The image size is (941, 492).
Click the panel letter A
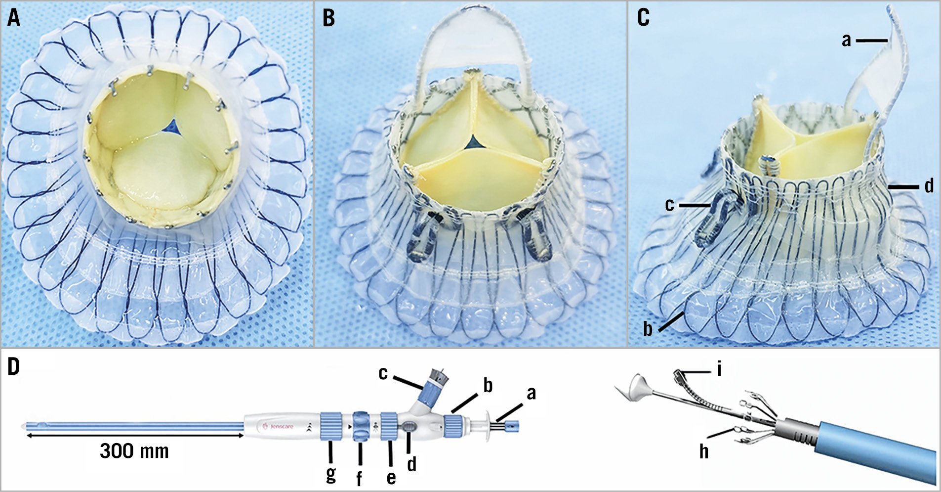pos(14,18)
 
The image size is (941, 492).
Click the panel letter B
pos(328,18)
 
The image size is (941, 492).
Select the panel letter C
pos(643,18)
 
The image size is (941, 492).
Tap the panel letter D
pos(14,368)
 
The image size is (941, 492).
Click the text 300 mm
pos(134,451)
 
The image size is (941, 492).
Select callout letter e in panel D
pos(391,477)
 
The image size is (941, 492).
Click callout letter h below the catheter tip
pos(703,451)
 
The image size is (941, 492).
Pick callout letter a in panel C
pos(847,41)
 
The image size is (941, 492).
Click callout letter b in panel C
pos(648,329)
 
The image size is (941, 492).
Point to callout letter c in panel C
pos(670,205)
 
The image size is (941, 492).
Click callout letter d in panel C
pos(929,186)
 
